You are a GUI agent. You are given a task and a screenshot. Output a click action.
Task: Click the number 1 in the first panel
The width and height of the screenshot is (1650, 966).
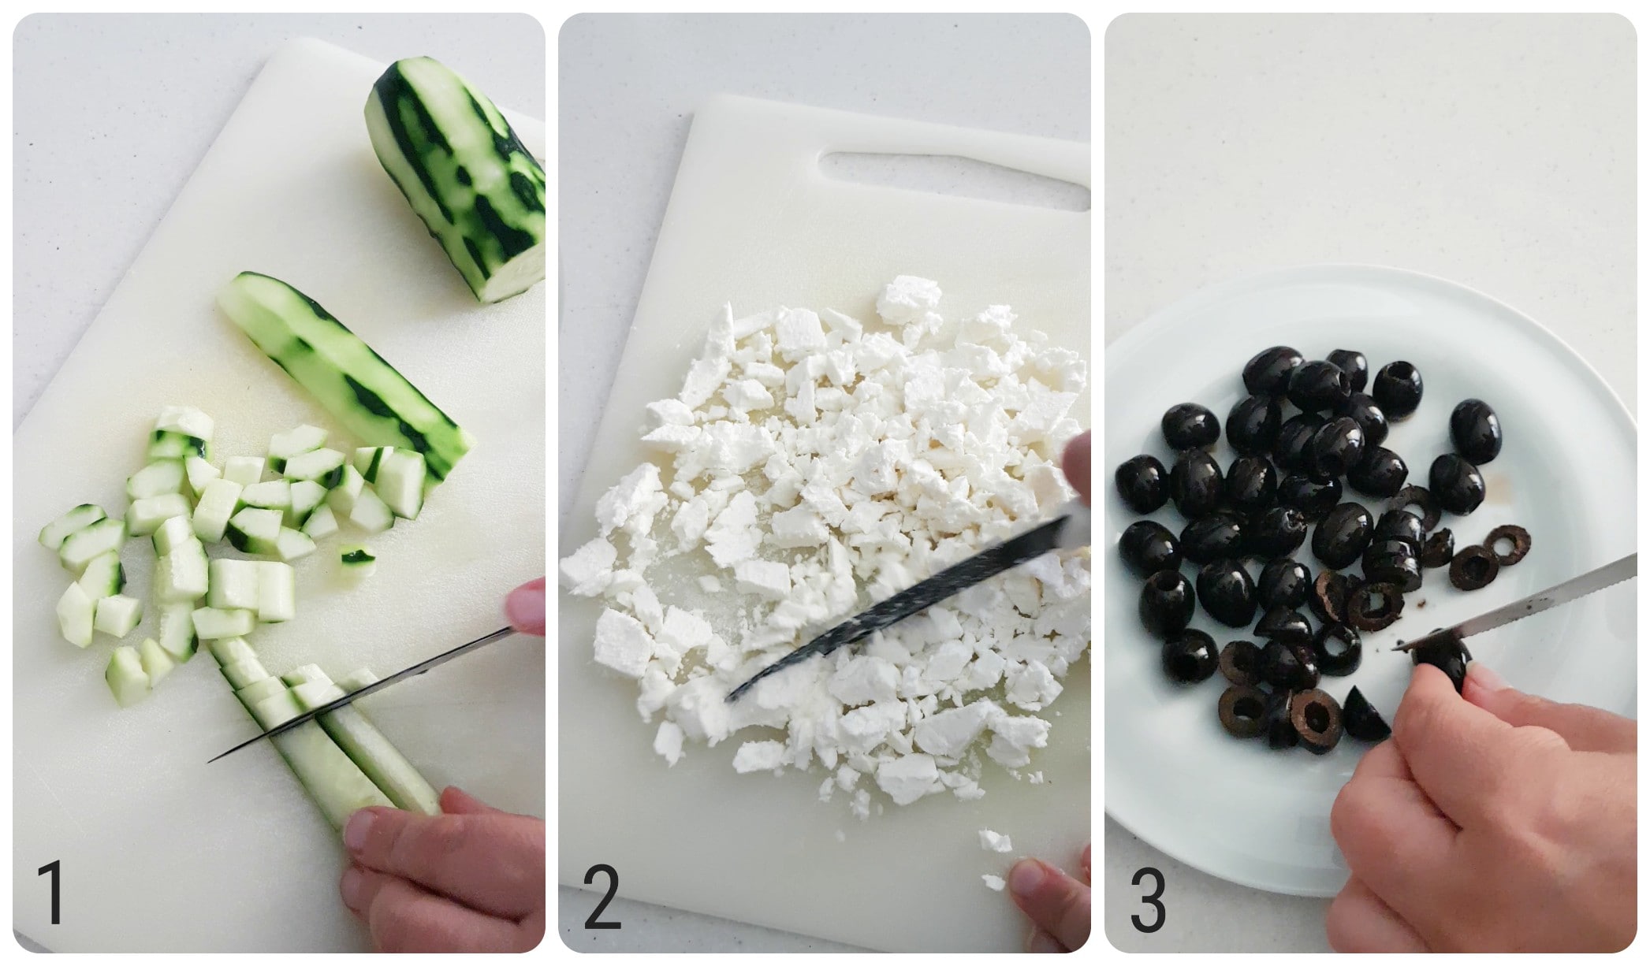click(51, 894)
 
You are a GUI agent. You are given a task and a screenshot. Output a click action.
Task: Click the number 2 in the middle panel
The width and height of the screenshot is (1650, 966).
click(602, 896)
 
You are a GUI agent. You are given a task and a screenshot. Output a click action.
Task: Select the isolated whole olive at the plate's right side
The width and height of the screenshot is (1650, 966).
click(1475, 431)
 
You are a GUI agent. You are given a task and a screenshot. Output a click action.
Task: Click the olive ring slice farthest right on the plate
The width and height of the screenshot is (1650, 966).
click(1508, 544)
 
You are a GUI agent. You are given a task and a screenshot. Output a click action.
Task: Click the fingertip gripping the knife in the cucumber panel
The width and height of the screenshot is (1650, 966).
click(527, 607)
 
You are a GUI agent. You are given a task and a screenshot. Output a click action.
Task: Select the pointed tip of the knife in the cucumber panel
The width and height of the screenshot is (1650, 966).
click(210, 760)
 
